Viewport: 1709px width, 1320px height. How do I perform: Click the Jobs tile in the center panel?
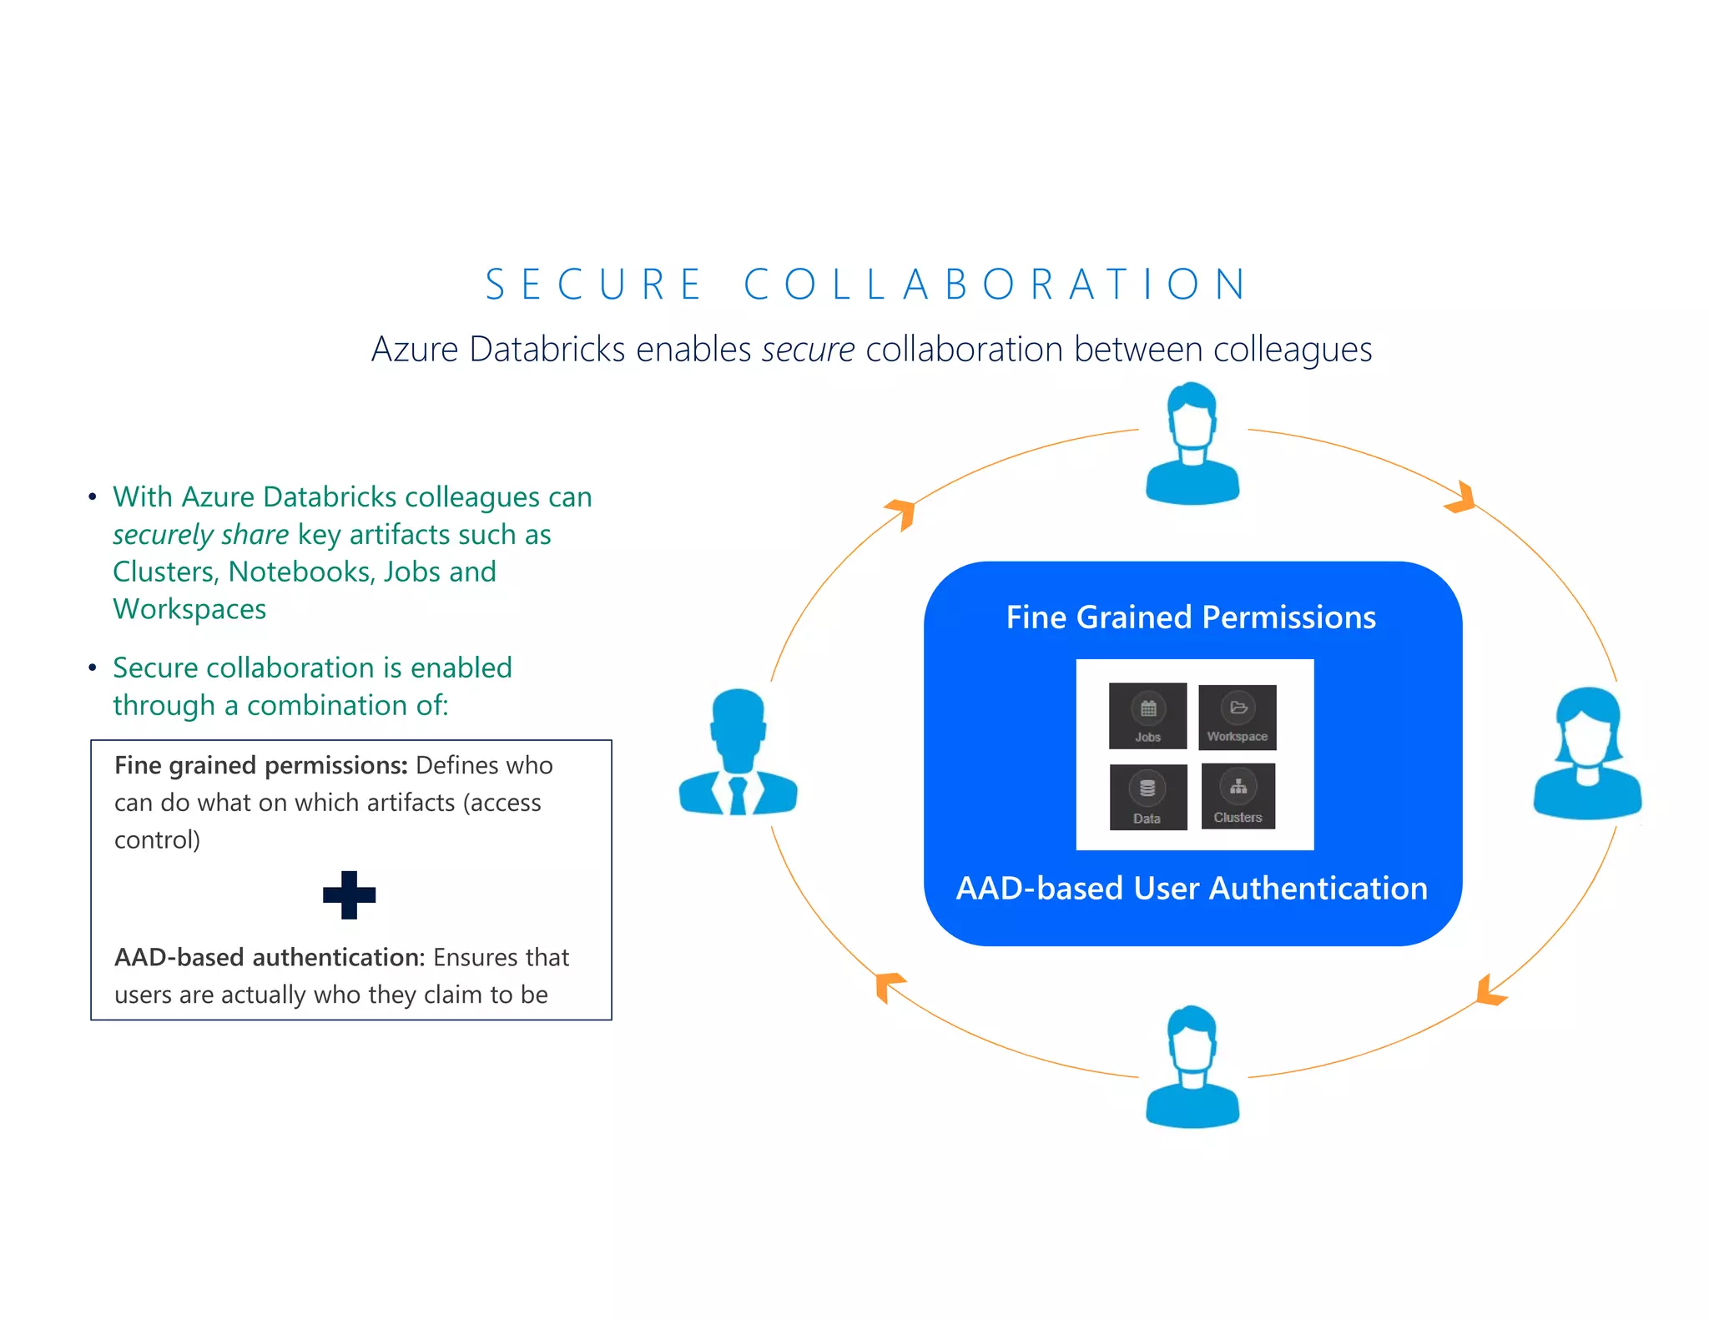coord(1147,716)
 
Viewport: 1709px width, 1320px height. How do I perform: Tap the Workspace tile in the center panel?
coord(1238,717)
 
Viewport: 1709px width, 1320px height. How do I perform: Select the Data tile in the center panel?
coord(1148,797)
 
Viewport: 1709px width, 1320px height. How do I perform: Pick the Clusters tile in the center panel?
coord(1238,795)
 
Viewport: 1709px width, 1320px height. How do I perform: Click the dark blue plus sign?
coord(349,894)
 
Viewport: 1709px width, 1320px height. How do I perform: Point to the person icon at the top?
coord(1192,444)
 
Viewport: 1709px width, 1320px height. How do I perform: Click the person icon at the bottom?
coord(1192,1067)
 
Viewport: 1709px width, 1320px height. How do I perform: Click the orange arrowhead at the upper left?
coord(902,511)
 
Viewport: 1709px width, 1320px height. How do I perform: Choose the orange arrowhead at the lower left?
coord(888,985)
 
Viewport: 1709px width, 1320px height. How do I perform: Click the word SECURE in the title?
coord(593,285)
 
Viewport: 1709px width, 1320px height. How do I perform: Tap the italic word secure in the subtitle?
coord(808,350)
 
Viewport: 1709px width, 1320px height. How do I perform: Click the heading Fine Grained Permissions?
coord(1191,617)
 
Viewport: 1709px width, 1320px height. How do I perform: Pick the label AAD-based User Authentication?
coord(1192,889)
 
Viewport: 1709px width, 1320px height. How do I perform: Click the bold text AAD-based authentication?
coord(270,957)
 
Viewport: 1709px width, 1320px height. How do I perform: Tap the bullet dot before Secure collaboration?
coord(93,668)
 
